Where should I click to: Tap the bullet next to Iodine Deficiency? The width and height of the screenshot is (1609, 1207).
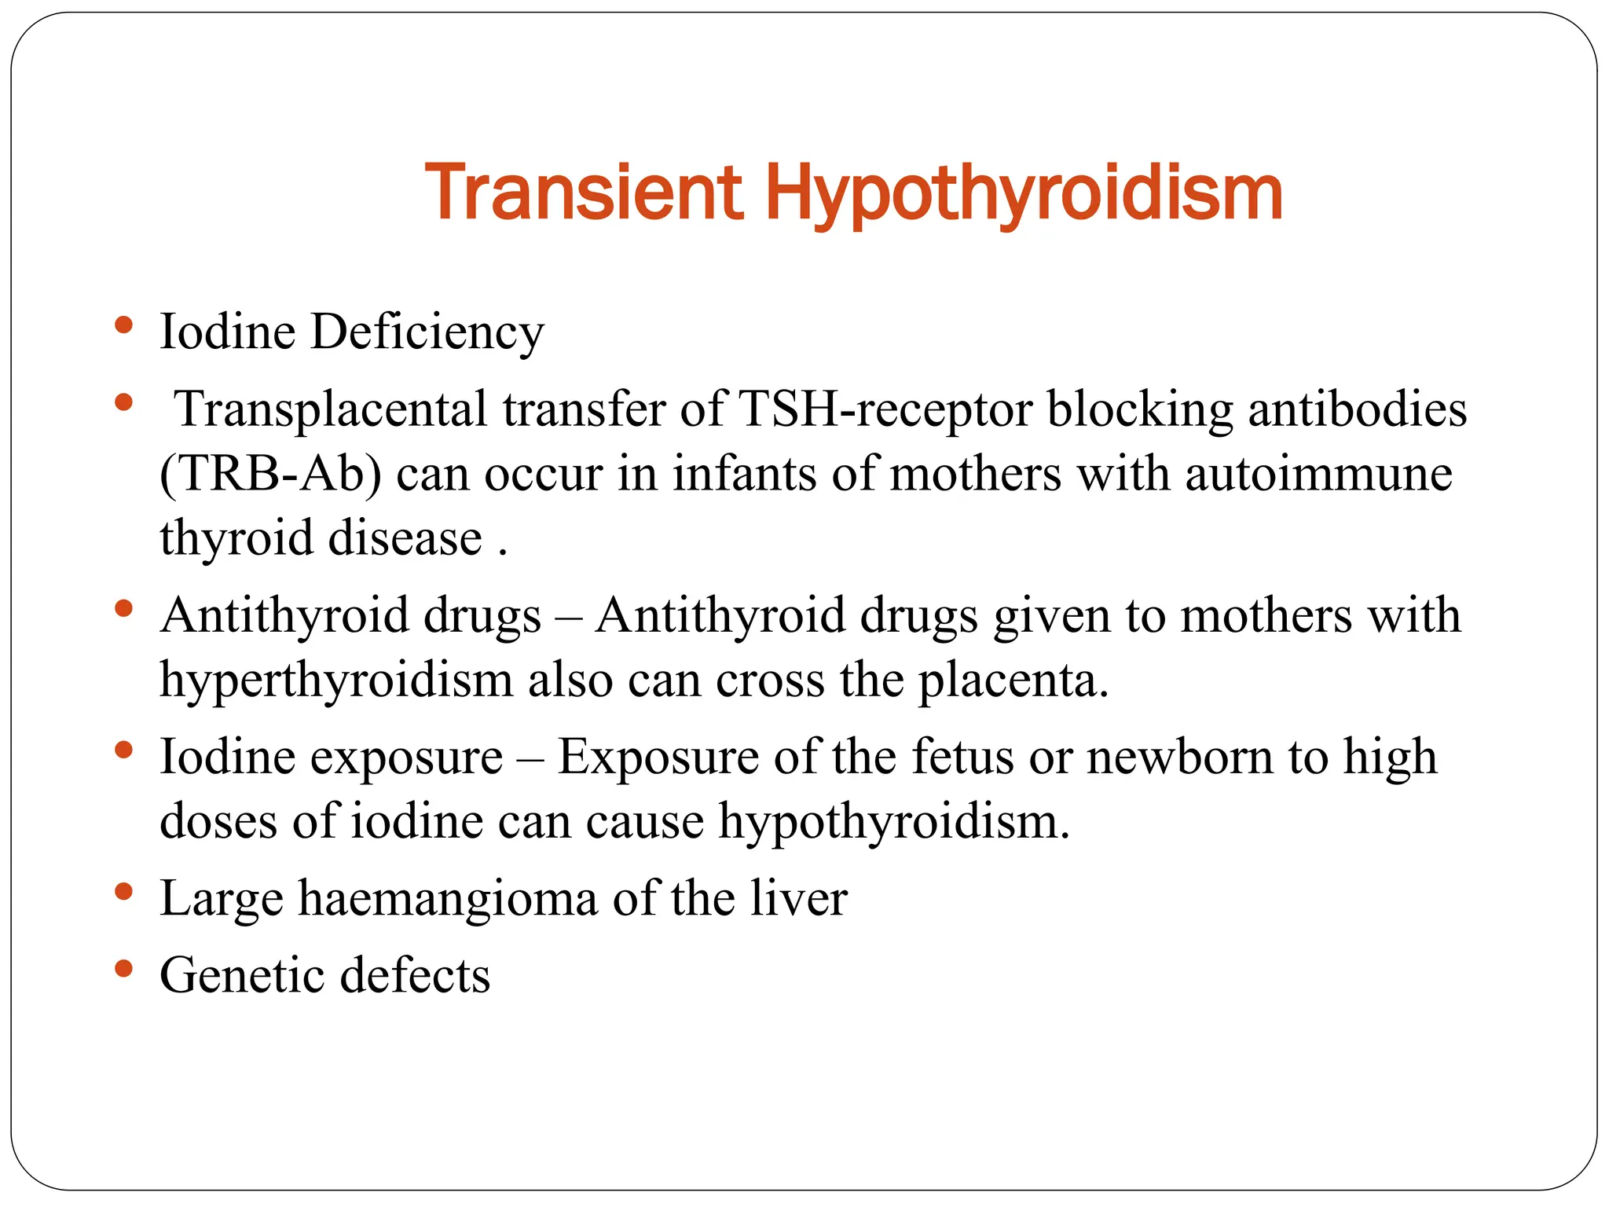123,325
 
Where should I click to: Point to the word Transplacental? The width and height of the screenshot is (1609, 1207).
331,410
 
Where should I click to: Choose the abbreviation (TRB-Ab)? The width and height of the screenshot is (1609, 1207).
270,475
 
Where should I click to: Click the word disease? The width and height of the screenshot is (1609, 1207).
405,539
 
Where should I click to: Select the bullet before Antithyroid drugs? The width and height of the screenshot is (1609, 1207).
123,609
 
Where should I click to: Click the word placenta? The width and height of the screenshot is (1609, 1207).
1013,681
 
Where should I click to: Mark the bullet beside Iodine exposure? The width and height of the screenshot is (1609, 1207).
123,750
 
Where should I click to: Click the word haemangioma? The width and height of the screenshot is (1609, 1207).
447,899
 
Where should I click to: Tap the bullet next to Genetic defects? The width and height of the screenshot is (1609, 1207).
123,969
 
